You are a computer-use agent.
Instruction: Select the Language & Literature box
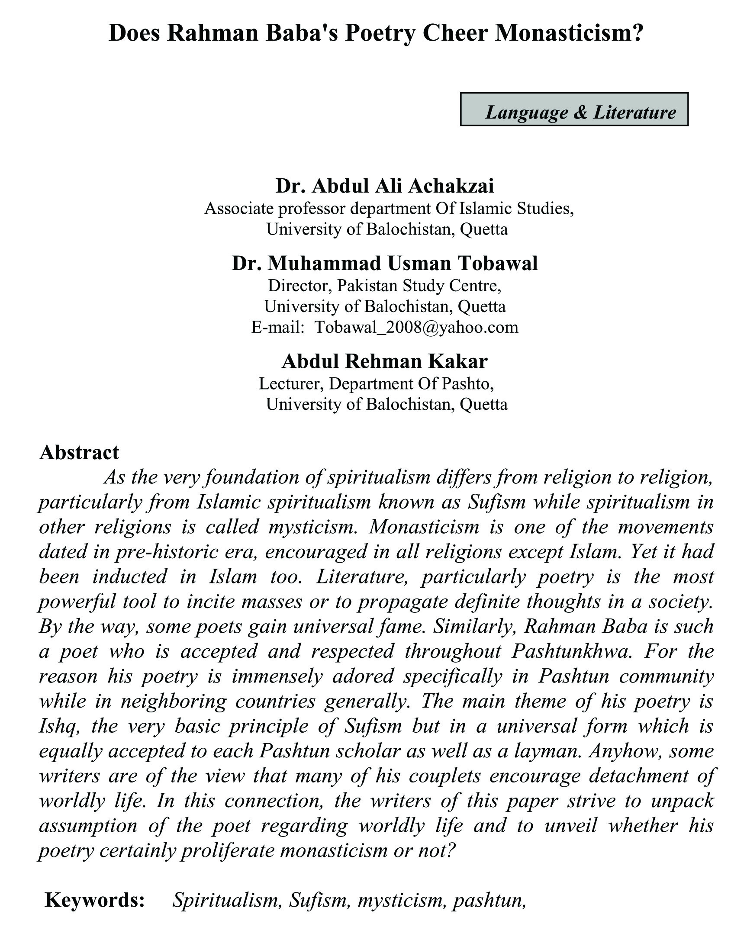pos(573,109)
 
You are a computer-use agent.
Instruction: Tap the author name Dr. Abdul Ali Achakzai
pos(385,186)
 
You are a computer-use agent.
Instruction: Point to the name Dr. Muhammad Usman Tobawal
pos(385,263)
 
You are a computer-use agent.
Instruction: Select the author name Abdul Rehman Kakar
pos(385,361)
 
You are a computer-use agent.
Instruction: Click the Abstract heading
pos(79,453)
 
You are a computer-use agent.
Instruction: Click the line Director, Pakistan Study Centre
pos(385,286)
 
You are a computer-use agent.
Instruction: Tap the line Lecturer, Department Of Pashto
pos(376,383)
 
